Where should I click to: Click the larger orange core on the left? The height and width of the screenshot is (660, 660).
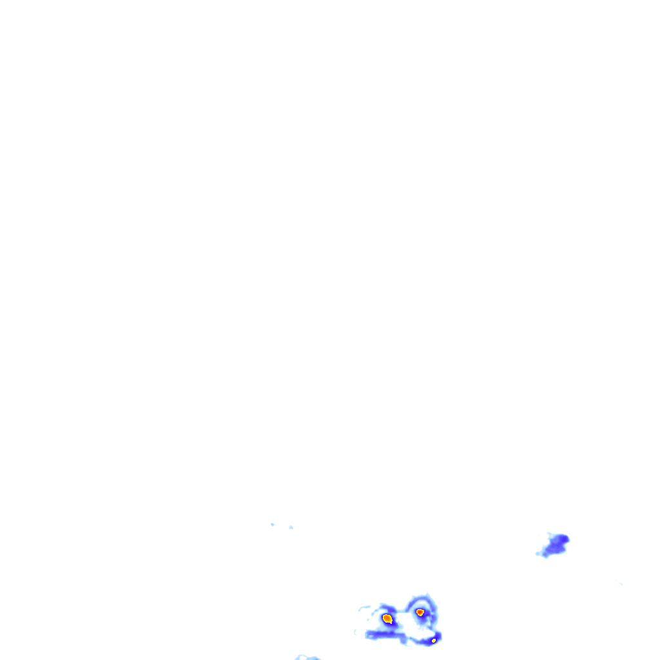pyautogui.click(x=387, y=619)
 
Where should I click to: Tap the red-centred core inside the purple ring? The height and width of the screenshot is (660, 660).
pyautogui.click(x=420, y=612)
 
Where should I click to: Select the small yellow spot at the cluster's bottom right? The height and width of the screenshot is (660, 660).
pyautogui.click(x=434, y=641)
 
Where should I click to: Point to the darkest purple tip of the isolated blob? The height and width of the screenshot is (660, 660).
pyautogui.click(x=565, y=539)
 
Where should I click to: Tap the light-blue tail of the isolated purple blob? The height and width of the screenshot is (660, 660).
pyautogui.click(x=538, y=554)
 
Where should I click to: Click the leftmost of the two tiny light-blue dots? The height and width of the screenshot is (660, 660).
pyautogui.click(x=273, y=525)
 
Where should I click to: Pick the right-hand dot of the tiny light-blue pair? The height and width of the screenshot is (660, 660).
pyautogui.click(x=291, y=527)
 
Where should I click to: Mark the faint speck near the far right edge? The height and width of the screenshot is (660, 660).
pyautogui.click(x=619, y=583)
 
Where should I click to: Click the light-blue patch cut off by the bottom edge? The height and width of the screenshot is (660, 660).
pyautogui.click(x=307, y=657)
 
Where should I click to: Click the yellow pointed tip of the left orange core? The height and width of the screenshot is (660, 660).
pyautogui.click(x=391, y=623)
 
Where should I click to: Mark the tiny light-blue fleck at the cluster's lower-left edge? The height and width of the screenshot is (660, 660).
pyautogui.click(x=355, y=632)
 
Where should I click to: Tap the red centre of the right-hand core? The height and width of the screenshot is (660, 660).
pyautogui.click(x=420, y=612)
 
